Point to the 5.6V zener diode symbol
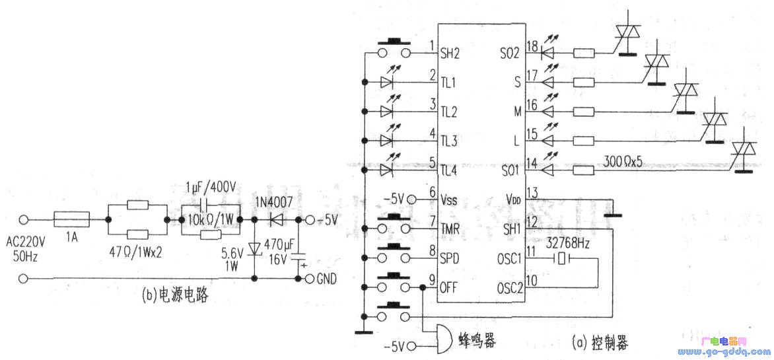[255, 249]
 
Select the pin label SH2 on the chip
[451, 52]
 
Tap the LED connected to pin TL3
[388, 140]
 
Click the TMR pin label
[451, 229]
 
